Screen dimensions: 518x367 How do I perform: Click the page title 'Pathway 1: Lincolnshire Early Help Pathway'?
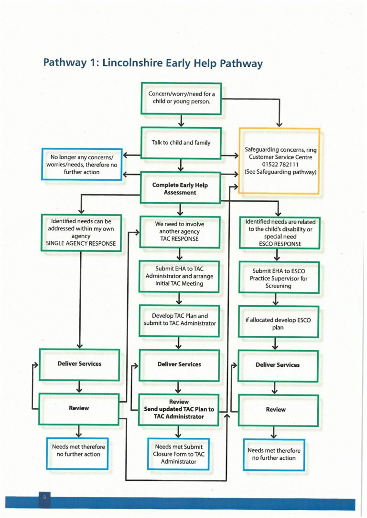152,63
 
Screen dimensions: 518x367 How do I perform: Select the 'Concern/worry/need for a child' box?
181,98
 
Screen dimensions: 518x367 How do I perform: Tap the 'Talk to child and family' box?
181,143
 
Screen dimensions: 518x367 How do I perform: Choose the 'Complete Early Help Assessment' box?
180,189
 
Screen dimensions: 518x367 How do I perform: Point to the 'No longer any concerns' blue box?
81,164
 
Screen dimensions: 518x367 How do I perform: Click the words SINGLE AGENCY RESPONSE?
81,242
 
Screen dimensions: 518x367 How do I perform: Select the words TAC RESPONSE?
180,238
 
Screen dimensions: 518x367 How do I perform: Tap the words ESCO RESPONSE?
280,243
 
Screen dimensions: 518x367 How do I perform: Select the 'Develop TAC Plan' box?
180,320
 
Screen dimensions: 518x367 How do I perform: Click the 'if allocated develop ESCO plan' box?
278,324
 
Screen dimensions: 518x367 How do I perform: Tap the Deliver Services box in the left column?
79,363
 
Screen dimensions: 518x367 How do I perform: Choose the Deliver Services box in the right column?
278,365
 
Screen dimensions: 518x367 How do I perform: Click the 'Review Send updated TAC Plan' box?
179,409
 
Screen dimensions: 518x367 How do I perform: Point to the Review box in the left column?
79,408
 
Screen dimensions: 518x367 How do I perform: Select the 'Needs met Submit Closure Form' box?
179,454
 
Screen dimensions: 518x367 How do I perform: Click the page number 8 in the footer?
44,497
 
